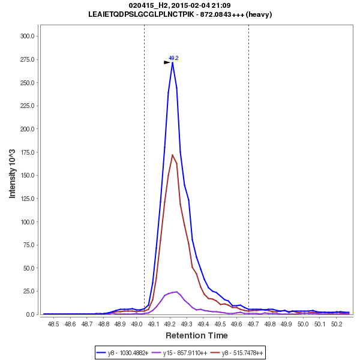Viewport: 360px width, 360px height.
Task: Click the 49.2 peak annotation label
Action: pos(173,58)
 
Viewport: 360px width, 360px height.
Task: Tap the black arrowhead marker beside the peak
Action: pos(167,62)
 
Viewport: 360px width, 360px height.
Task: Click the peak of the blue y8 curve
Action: pos(173,62)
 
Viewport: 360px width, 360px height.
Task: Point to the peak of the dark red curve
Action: pos(173,155)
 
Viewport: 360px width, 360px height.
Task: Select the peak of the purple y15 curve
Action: pos(176,292)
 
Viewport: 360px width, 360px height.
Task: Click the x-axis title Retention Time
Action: pos(197,335)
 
